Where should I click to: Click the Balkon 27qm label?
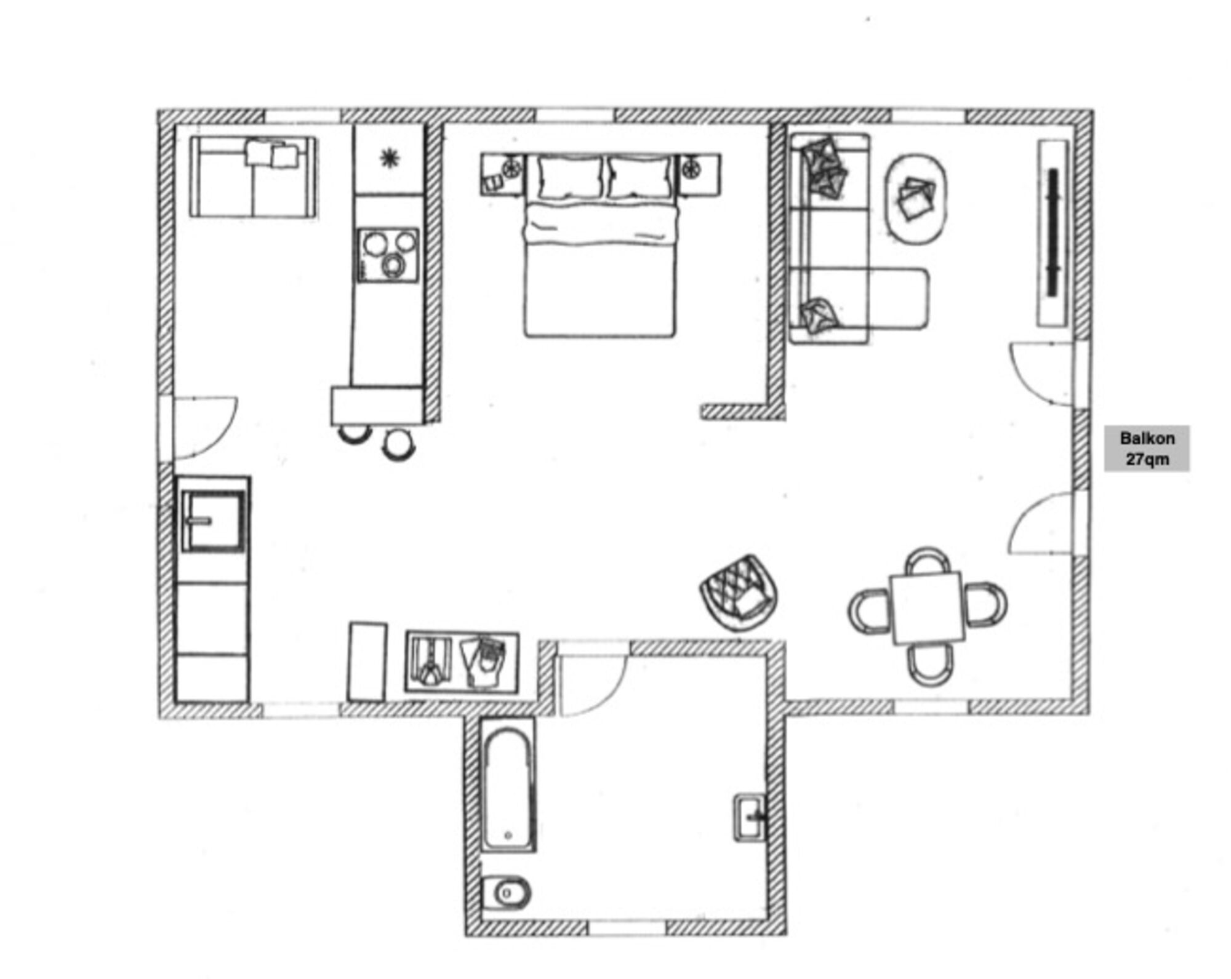click(x=1147, y=448)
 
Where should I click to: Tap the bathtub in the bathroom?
click(x=507, y=785)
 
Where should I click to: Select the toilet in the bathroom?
click(x=506, y=893)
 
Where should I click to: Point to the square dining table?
click(x=928, y=608)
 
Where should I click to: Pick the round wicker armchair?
click(x=739, y=593)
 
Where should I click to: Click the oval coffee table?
click(x=915, y=199)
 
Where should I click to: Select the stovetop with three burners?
click(x=388, y=255)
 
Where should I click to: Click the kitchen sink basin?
click(x=212, y=521)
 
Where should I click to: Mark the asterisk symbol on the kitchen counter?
click(x=389, y=159)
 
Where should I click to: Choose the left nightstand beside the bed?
click(x=502, y=175)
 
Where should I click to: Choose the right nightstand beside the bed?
click(x=699, y=175)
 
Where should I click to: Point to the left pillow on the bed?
click(x=569, y=177)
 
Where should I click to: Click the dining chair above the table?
click(x=928, y=560)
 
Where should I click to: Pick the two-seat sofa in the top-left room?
click(x=252, y=177)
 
